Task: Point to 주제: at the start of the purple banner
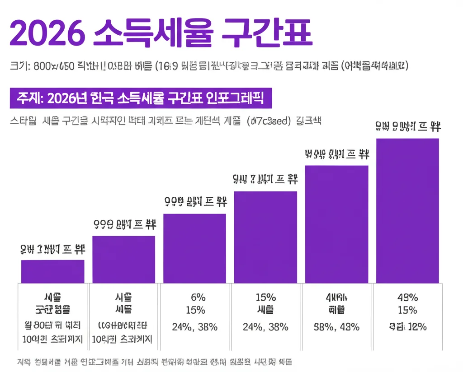29,98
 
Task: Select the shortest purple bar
52,271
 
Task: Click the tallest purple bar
407,210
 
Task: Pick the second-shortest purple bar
123,259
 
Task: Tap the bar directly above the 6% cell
194,248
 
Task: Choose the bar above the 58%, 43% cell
337,224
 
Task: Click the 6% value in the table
198,298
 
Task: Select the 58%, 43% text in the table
337,327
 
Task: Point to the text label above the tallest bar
408,127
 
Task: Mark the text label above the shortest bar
52,249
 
